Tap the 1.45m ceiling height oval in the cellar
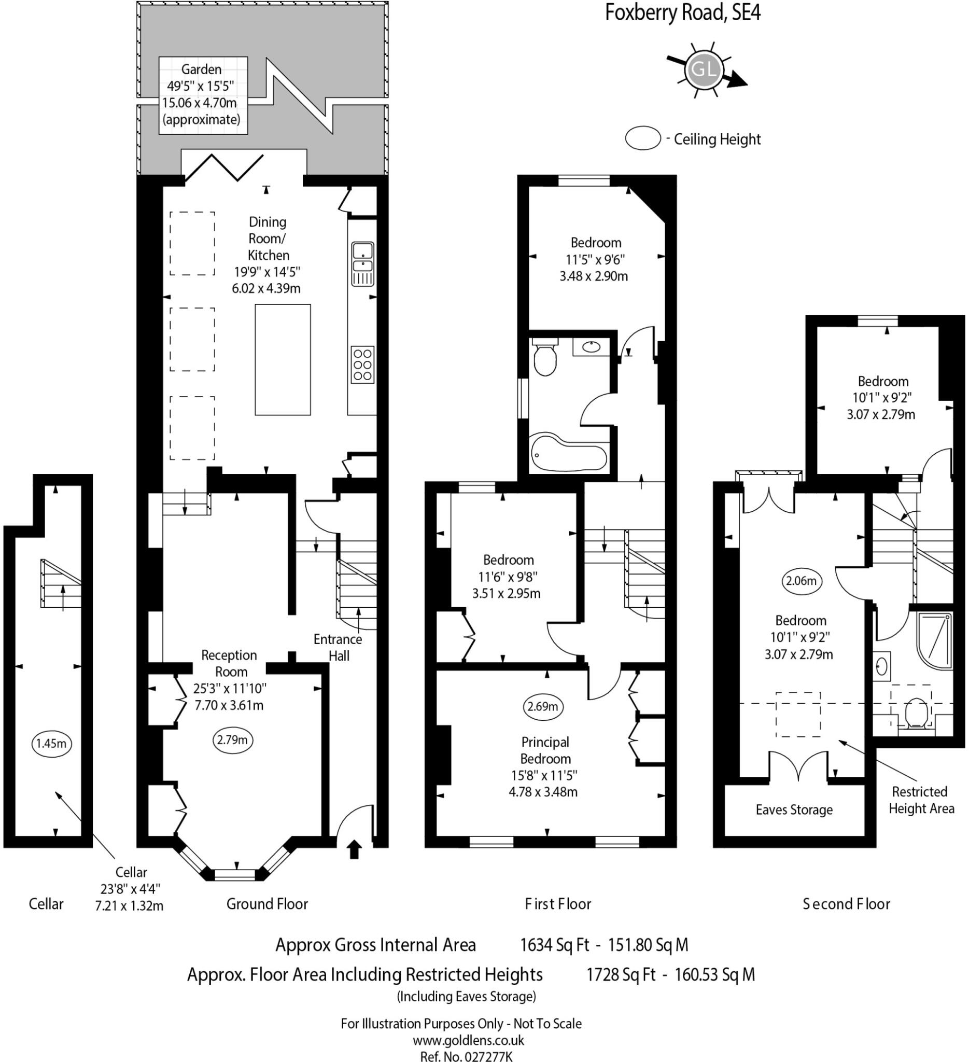pos(51,743)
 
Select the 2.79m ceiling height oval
pos(233,739)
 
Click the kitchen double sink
pos(363,264)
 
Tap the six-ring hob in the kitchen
pos(363,365)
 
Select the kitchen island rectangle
pos(283,360)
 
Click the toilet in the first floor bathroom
pos(544,358)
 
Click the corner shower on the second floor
pos(934,640)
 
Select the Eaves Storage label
pos(794,809)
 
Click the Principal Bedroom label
pos(545,750)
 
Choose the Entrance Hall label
pos(338,648)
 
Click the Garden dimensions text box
pos(203,95)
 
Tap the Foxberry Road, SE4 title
pos(682,12)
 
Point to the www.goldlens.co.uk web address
pos(468,1040)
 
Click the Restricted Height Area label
pos(922,800)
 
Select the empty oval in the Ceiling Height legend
pos(643,138)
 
